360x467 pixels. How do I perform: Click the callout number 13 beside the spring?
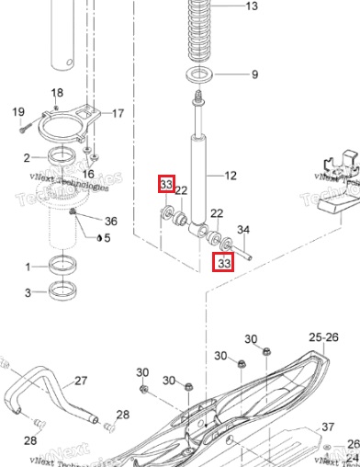tap(251, 6)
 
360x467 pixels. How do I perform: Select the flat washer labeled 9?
tap(196, 74)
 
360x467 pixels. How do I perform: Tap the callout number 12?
tap(230, 175)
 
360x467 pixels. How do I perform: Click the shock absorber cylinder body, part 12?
tap(197, 175)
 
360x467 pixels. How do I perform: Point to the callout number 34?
tap(243, 229)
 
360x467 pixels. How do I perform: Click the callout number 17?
tap(118, 114)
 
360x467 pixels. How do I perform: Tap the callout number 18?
tap(57, 93)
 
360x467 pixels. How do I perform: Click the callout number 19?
tap(17, 112)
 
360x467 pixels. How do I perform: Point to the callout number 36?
tap(111, 221)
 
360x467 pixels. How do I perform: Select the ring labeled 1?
tap(62, 268)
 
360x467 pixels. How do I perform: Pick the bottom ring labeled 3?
tap(62, 292)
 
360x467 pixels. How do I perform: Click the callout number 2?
tap(28, 157)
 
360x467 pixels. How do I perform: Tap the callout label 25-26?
tap(322, 337)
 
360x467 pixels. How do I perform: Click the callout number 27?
tap(81, 380)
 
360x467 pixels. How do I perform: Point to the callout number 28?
tap(122, 415)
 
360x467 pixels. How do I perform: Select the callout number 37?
tap(328, 427)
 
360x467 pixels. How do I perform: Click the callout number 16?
tap(88, 174)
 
